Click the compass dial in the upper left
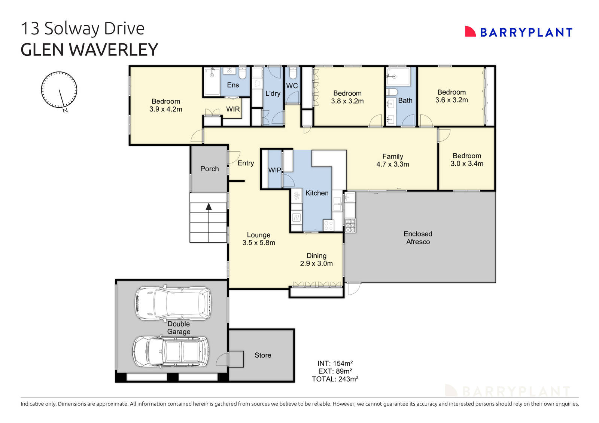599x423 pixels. [x=59, y=90]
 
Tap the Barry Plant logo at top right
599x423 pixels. [x=519, y=32]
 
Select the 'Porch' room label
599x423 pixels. [x=209, y=169]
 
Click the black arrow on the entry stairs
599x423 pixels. [x=209, y=206]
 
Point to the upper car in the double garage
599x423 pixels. [x=173, y=303]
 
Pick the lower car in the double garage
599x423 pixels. [x=170, y=351]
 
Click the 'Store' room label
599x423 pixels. [x=262, y=355]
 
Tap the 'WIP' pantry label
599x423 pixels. [x=274, y=170]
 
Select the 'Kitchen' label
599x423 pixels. [x=317, y=193]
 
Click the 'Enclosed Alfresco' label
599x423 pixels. [x=418, y=238]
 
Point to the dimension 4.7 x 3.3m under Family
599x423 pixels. [x=392, y=164]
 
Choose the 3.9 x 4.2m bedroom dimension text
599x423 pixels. [x=165, y=109]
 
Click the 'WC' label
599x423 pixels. [x=292, y=86]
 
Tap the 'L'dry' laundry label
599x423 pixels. [x=273, y=94]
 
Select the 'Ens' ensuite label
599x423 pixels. [x=232, y=85]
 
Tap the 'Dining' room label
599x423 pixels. [x=316, y=256]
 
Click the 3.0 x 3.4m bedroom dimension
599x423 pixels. [x=466, y=164]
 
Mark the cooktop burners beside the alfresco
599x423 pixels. [x=350, y=226]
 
